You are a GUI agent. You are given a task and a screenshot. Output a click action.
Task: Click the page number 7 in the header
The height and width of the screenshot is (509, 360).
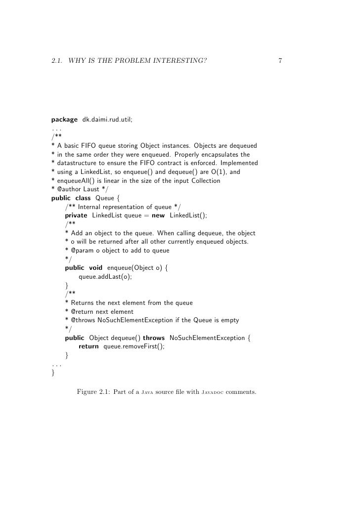click(280, 61)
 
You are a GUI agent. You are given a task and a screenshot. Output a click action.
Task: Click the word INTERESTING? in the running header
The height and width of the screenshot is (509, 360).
click(177, 61)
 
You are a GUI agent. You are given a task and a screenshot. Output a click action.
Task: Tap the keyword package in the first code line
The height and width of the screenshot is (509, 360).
click(64, 119)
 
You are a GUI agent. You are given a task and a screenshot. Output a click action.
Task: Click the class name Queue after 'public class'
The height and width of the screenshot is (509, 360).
click(104, 199)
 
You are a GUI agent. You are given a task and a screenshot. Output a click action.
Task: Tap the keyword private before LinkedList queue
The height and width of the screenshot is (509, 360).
click(76, 216)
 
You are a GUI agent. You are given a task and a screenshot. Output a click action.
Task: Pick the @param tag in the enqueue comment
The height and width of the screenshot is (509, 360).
click(84, 251)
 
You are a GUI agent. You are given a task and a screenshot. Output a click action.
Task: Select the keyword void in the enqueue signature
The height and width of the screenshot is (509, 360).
click(95, 268)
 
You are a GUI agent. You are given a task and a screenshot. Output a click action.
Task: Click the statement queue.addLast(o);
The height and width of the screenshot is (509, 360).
click(105, 277)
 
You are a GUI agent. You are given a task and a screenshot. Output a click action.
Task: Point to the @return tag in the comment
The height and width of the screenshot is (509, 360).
click(84, 312)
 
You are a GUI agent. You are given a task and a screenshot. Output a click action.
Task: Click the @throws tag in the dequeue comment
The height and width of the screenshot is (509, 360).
click(84, 320)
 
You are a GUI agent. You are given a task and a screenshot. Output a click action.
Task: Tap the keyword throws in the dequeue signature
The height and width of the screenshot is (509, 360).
click(154, 338)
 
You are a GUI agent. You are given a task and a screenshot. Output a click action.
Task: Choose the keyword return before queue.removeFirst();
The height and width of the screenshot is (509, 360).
click(89, 346)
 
